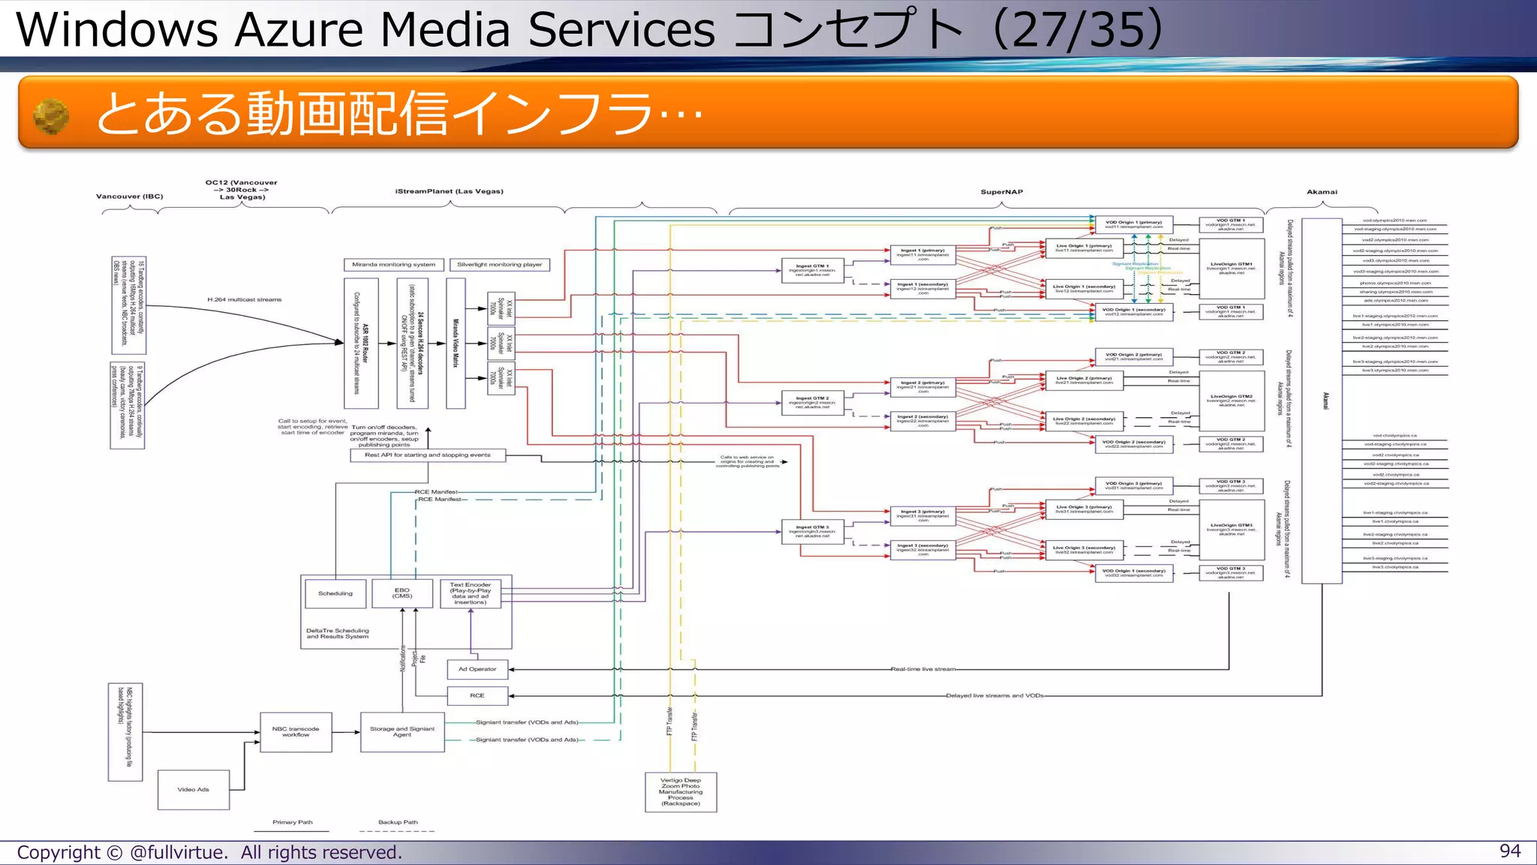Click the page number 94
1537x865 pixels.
tap(1509, 851)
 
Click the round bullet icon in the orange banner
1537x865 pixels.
tap(52, 117)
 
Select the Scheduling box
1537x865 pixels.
tap(335, 593)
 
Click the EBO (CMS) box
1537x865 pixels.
tap(402, 593)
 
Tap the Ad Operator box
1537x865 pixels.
tap(477, 668)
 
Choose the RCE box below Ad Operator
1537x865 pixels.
tap(477, 695)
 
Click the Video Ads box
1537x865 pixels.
tap(193, 789)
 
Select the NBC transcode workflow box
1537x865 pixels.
tap(296, 731)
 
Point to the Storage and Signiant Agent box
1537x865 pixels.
tap(402, 731)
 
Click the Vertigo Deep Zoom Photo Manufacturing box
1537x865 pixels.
tap(681, 791)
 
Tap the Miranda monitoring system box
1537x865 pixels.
tap(393, 264)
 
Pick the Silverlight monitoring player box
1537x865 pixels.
tap(499, 264)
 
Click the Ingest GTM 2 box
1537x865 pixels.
tap(812, 402)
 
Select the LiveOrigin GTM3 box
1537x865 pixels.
tap(1231, 530)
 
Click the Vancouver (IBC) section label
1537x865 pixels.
tap(129, 197)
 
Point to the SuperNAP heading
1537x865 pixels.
tap(1001, 192)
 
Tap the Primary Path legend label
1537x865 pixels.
tap(292, 822)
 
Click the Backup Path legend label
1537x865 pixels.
tap(398, 822)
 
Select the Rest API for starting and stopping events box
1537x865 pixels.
tap(428, 455)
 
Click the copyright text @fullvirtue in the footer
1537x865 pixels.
tap(177, 852)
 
